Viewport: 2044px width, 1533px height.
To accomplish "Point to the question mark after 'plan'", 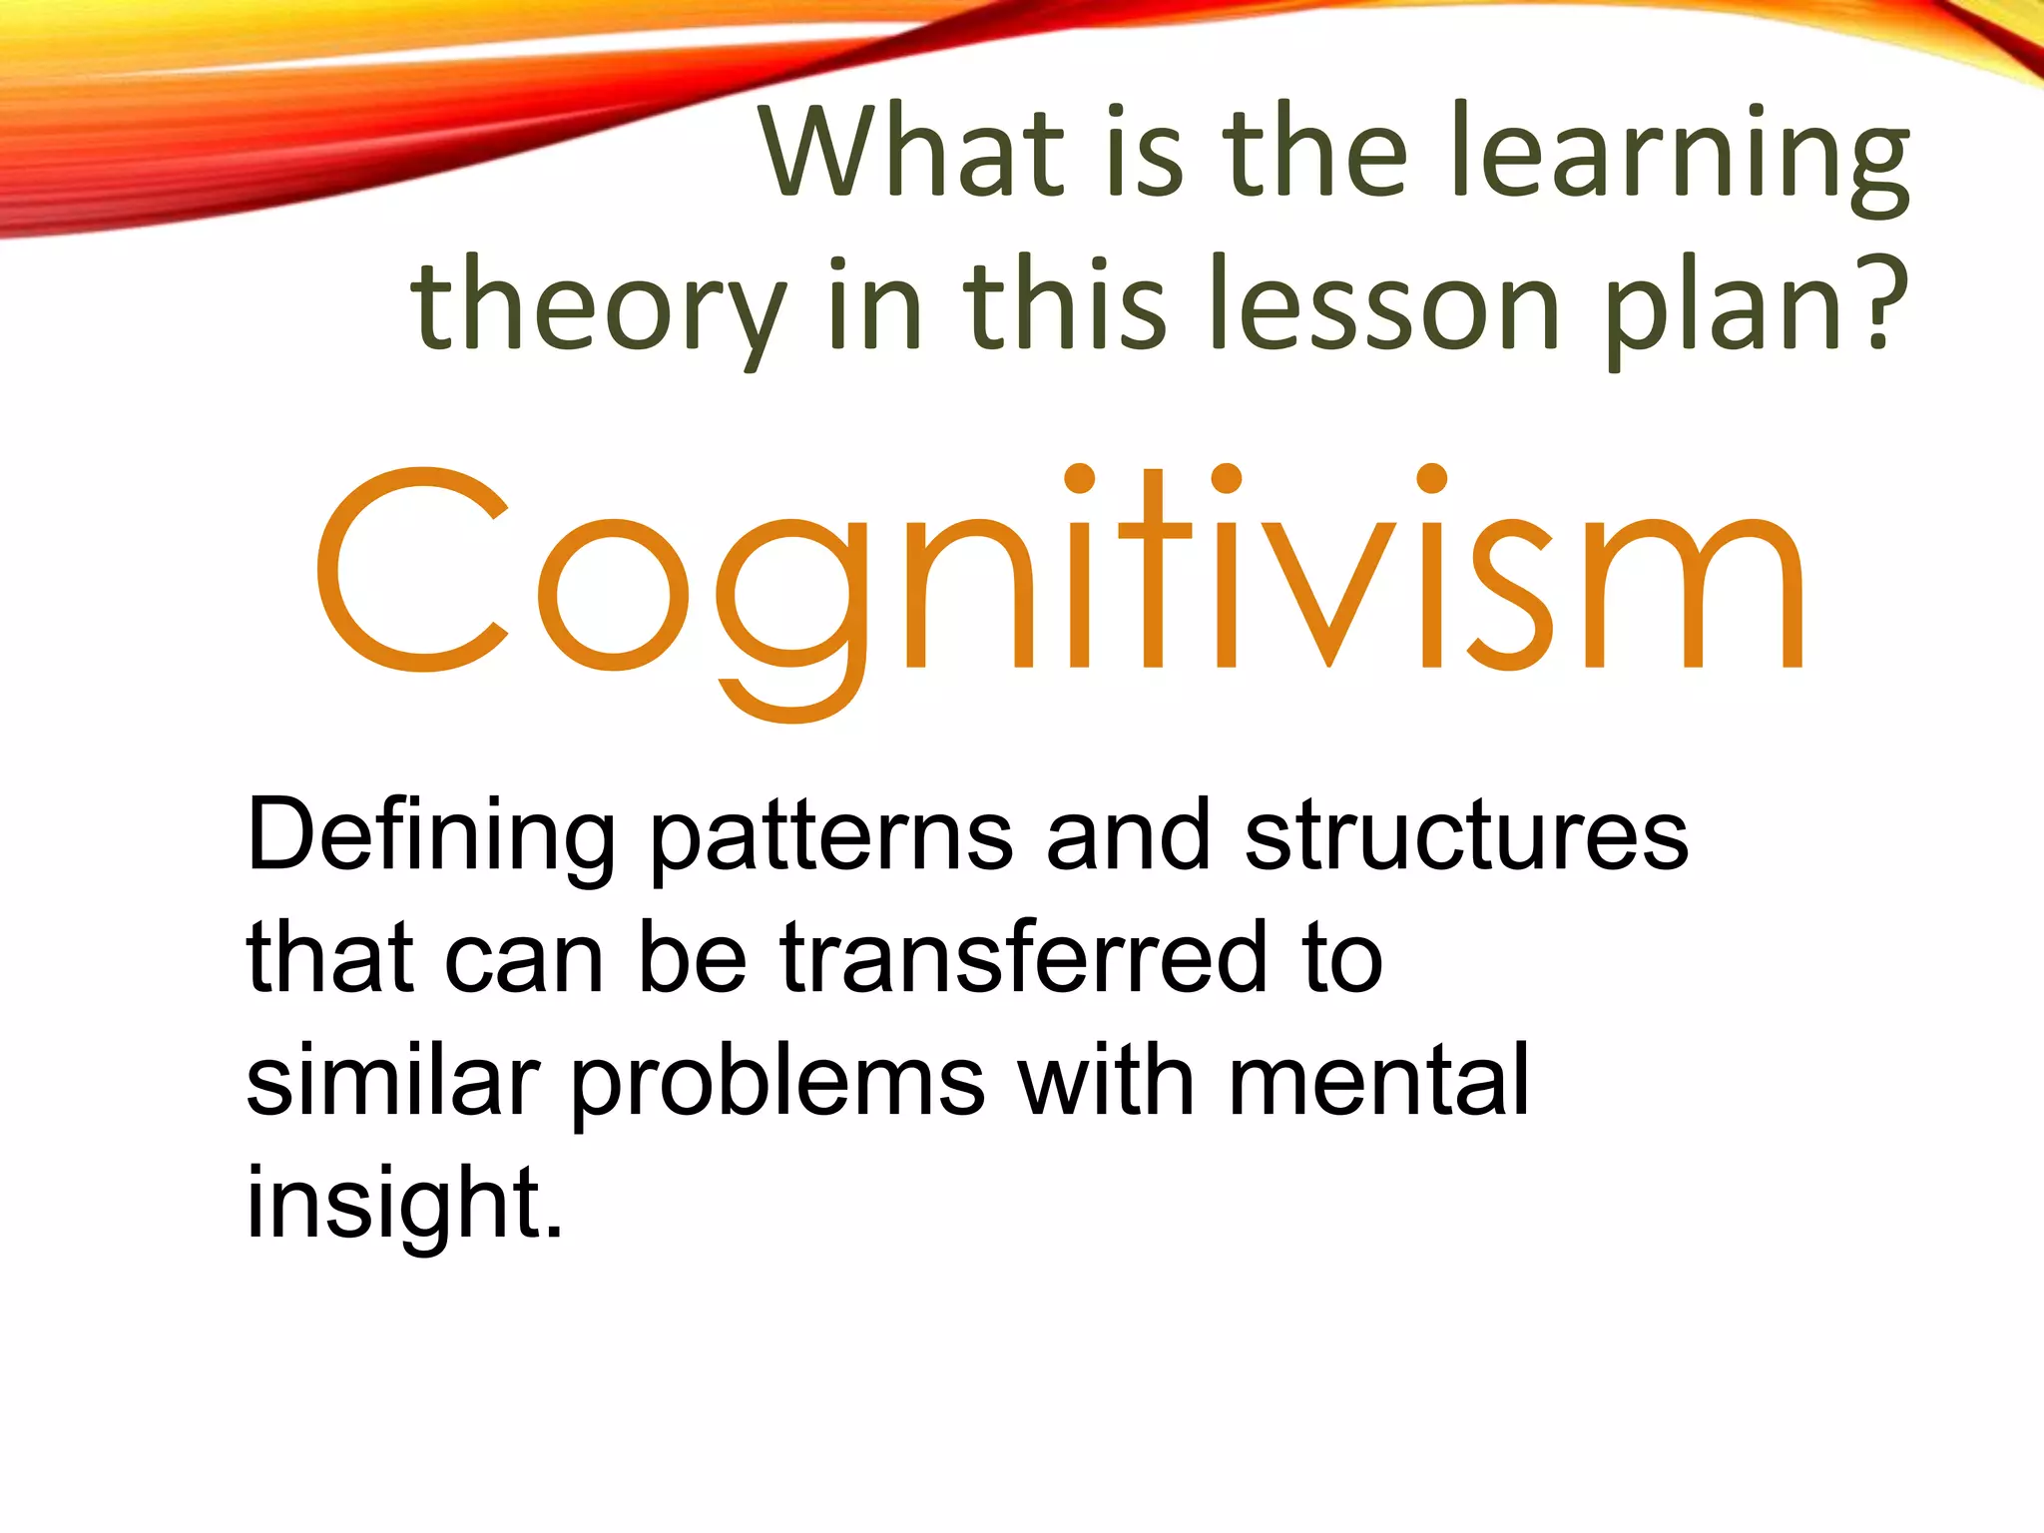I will click(x=1880, y=301).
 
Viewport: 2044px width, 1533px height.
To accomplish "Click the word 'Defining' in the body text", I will click(x=430, y=836).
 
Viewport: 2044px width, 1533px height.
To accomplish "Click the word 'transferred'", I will click(x=1024, y=958).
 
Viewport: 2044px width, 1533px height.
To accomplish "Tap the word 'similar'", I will click(x=392, y=1080).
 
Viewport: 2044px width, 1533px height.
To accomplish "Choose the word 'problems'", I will click(x=777, y=1084).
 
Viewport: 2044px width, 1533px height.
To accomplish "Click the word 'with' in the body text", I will click(x=1107, y=1080).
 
